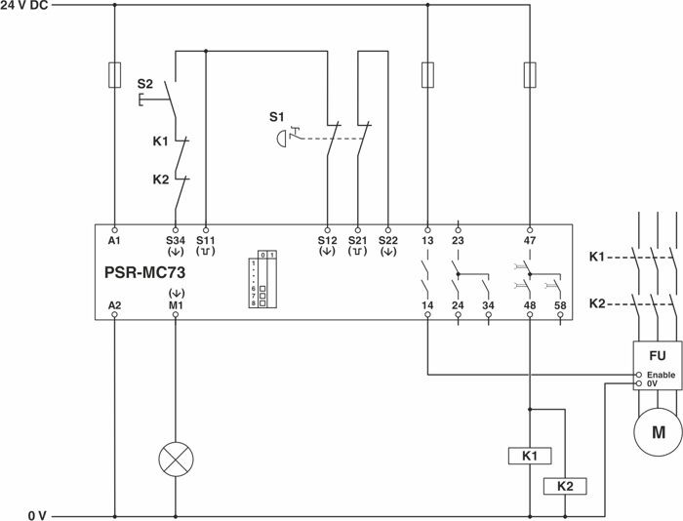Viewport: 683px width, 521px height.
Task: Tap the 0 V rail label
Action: point(36,514)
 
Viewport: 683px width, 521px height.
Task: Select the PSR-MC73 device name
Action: point(144,273)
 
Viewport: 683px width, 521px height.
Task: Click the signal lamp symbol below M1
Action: point(176,458)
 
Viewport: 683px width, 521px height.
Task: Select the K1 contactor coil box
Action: point(530,456)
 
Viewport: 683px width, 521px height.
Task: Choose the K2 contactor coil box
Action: point(563,485)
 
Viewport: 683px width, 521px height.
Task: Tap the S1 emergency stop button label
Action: point(277,118)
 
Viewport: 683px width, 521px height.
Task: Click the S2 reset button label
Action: point(144,84)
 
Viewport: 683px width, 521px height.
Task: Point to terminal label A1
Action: point(114,238)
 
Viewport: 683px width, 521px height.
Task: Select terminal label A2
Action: point(114,305)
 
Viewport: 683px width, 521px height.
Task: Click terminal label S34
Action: point(176,238)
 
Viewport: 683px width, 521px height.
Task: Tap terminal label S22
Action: point(388,238)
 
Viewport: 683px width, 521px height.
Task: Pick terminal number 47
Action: point(530,238)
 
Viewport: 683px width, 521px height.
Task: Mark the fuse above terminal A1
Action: point(115,74)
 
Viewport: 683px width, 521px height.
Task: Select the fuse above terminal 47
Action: point(530,74)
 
